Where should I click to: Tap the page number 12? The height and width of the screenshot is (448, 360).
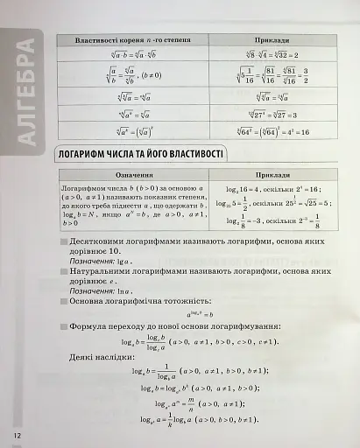tap(15, 434)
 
